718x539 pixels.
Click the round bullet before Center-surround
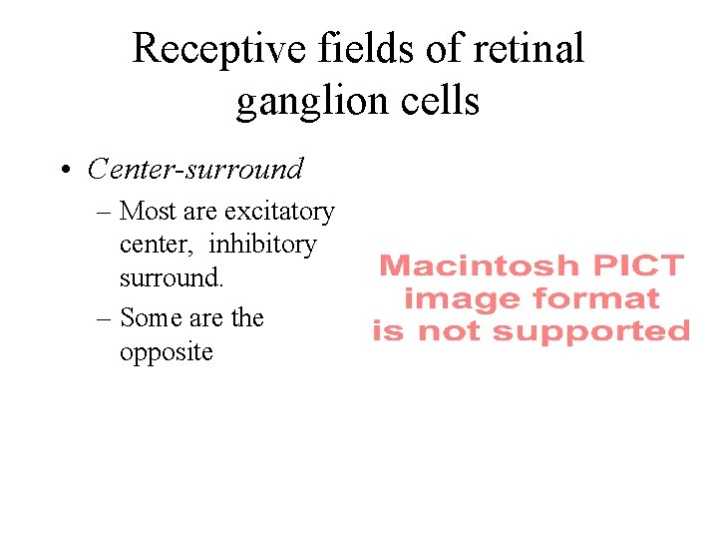(64, 171)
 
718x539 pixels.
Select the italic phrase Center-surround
(194, 170)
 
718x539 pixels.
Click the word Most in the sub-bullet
(148, 212)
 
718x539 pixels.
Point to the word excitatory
(279, 212)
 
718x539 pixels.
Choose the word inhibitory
(262, 244)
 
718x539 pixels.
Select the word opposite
(167, 352)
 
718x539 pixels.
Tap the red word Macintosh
(479, 267)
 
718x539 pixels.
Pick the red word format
(596, 298)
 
